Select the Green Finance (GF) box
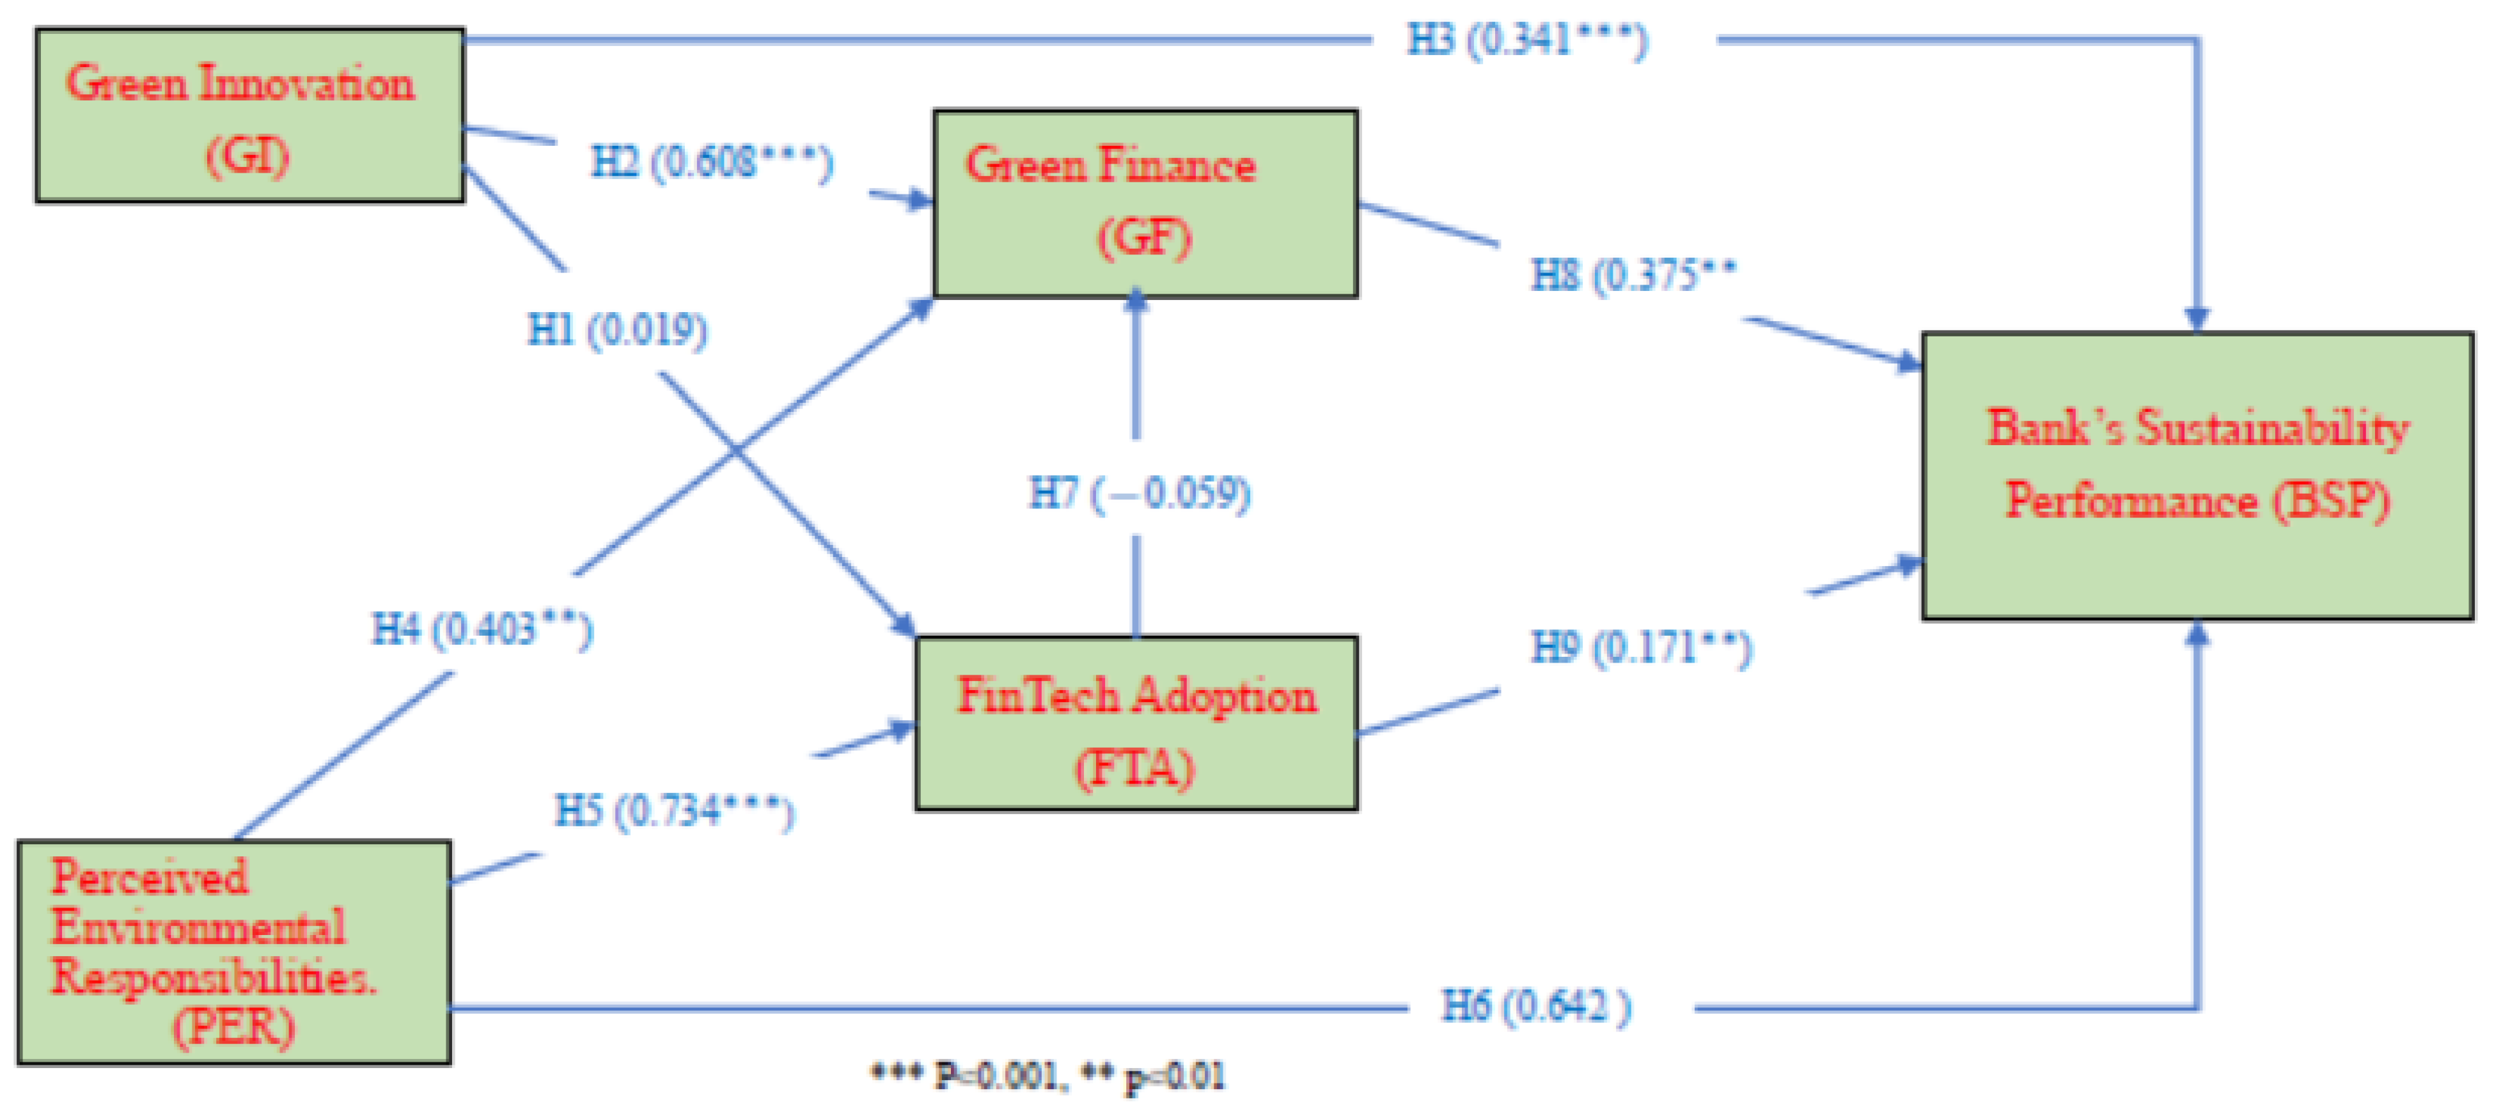(x=1145, y=203)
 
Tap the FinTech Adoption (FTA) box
(x=1136, y=723)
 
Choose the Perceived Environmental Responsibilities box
(x=234, y=952)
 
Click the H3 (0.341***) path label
(x=1527, y=42)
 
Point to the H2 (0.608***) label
(x=712, y=162)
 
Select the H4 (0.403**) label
(x=482, y=630)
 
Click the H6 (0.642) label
(x=1535, y=1007)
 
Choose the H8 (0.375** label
(x=1633, y=276)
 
